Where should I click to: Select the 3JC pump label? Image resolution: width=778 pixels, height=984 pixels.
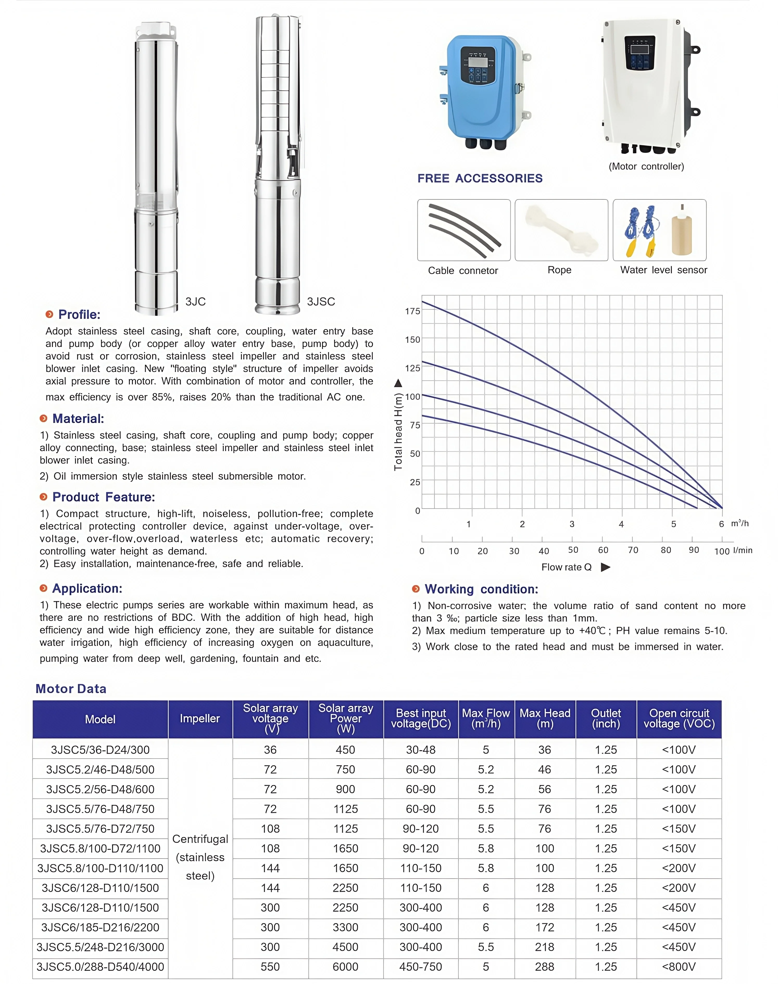tap(195, 301)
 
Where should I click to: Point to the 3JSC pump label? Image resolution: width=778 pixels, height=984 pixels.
tap(321, 301)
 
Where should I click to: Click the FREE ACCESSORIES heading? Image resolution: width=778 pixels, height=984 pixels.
tap(480, 179)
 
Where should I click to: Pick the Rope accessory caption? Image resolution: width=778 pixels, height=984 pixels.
tap(559, 270)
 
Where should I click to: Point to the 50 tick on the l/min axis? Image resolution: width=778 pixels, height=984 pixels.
tap(573, 550)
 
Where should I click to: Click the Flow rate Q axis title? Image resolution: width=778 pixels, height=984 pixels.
tap(566, 567)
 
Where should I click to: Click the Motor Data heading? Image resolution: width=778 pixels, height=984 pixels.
tap(71, 689)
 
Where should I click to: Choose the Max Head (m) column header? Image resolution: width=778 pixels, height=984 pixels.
tap(545, 718)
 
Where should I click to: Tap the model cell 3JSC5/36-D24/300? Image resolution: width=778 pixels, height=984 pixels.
tap(100, 749)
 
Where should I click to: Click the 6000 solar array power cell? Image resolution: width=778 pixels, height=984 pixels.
tap(345, 967)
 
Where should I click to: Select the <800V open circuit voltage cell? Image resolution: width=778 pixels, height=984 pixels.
tap(679, 967)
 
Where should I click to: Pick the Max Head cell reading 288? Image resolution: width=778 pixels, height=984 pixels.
tap(545, 967)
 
